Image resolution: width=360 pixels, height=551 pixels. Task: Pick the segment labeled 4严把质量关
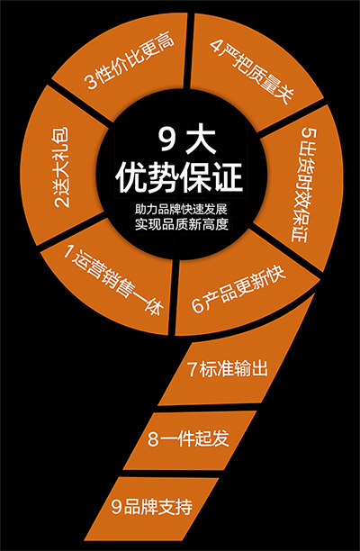point(253,67)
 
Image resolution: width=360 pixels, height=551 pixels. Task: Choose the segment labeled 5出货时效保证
point(302,186)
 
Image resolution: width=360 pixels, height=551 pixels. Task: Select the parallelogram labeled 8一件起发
point(190,440)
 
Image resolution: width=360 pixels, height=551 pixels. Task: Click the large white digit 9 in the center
point(166,140)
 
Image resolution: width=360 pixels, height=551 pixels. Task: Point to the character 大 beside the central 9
point(200,140)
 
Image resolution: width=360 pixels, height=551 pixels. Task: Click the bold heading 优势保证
point(180,179)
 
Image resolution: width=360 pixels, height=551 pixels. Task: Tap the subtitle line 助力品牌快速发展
point(182,210)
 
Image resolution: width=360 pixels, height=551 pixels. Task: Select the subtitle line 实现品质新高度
point(182,224)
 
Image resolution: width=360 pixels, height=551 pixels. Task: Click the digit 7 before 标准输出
point(193,370)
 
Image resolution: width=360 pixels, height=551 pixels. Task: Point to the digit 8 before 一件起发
point(153,440)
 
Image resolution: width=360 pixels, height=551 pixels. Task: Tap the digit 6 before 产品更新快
point(196,307)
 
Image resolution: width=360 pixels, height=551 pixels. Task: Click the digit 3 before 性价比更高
point(91,82)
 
